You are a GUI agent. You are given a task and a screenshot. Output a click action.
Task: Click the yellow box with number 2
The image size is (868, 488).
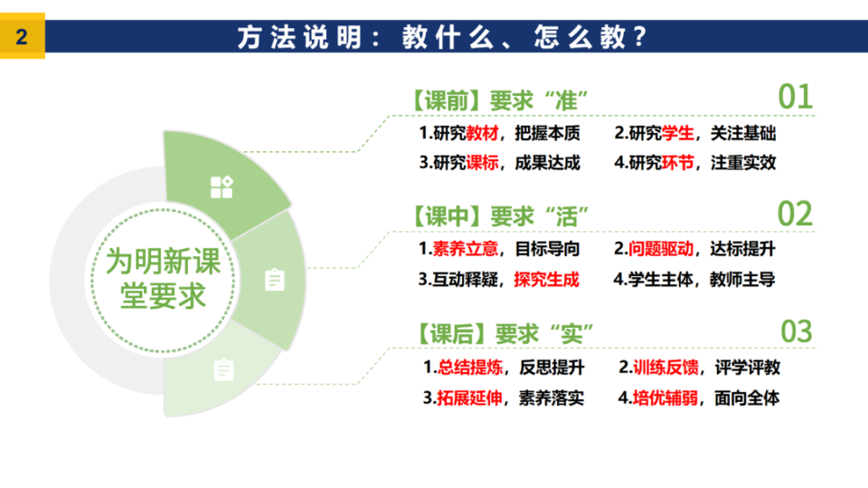[22, 36]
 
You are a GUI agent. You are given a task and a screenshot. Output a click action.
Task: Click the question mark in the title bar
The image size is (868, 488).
[640, 36]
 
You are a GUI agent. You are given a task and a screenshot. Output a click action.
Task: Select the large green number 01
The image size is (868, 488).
[796, 97]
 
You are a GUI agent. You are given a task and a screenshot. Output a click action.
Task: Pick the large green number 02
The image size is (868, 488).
[795, 214]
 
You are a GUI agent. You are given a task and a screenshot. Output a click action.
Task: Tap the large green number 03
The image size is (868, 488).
[797, 331]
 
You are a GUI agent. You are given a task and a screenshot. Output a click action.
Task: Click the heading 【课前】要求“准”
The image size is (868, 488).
[498, 100]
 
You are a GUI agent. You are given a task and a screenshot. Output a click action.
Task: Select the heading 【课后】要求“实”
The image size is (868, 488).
[504, 334]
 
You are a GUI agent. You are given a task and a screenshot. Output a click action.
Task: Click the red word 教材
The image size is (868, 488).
[482, 133]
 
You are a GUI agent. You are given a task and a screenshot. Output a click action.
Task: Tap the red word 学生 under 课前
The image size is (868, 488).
[677, 133]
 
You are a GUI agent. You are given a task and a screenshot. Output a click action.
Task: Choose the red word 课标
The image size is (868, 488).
[482, 162]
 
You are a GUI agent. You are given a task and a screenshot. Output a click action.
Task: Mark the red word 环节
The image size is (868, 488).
[677, 162]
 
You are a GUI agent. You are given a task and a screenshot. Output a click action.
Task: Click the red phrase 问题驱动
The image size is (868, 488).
[661, 249]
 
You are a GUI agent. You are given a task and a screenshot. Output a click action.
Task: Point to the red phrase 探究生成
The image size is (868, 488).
[546, 280]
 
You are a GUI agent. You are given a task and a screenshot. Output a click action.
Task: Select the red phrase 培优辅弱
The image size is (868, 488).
[665, 397]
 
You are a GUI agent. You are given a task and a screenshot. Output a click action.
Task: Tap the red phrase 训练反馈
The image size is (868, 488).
[665, 367]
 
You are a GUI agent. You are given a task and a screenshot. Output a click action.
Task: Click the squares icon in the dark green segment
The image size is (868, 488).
[222, 187]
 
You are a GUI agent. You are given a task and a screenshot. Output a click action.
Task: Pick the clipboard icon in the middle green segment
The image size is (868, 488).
[275, 280]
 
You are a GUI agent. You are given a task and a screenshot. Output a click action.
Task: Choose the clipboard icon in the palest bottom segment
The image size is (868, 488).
[223, 370]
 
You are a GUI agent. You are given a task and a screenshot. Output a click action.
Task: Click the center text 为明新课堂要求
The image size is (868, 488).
[163, 278]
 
